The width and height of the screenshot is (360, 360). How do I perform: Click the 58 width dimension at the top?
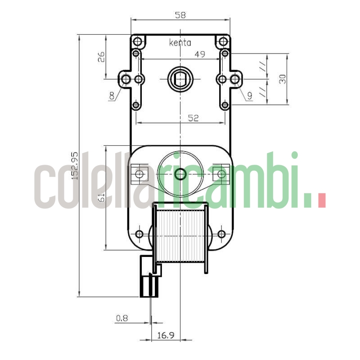tap(180, 15)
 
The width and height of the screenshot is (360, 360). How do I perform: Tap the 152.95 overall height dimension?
tap(75, 166)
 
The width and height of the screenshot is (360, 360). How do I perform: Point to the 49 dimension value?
tap(200, 54)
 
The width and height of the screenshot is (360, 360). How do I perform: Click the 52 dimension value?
tap(193, 117)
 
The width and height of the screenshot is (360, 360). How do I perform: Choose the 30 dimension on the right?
tap(282, 79)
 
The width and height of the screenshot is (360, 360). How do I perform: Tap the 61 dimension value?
tap(101, 197)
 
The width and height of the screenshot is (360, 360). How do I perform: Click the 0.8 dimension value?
tap(121, 318)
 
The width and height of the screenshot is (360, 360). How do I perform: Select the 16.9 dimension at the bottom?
tap(166, 335)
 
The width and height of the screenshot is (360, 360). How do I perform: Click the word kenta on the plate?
tap(180, 43)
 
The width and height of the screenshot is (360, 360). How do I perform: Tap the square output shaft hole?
tap(180, 80)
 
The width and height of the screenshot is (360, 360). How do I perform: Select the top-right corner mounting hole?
tap(223, 42)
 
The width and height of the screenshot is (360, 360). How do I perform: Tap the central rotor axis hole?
tap(180, 173)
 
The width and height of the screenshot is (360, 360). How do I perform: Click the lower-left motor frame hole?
tap(139, 234)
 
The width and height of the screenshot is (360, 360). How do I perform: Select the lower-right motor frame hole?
tap(221, 234)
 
